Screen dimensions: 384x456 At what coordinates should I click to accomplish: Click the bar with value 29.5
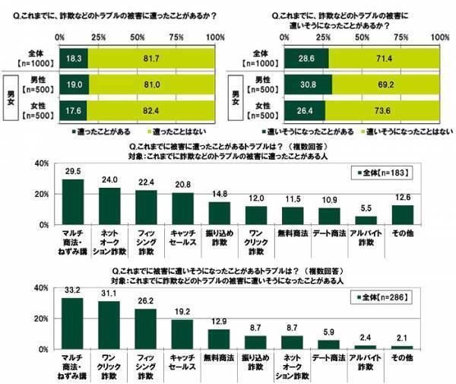point(72,202)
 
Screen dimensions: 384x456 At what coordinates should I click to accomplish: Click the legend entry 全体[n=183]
point(384,173)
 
